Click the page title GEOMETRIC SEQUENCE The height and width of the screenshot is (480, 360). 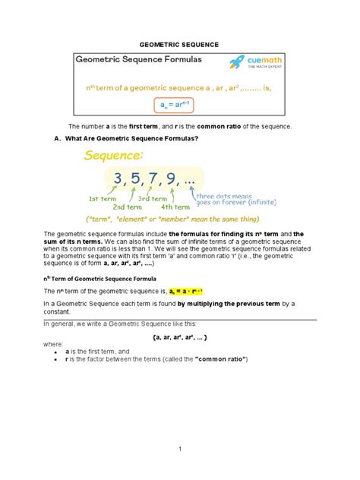point(180,45)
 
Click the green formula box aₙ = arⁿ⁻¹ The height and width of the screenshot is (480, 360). point(180,105)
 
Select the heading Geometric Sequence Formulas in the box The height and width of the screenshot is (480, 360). point(139,61)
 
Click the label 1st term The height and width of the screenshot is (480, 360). point(103,199)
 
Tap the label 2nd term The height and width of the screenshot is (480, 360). point(129,207)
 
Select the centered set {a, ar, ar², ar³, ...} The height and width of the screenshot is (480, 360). point(180,335)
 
